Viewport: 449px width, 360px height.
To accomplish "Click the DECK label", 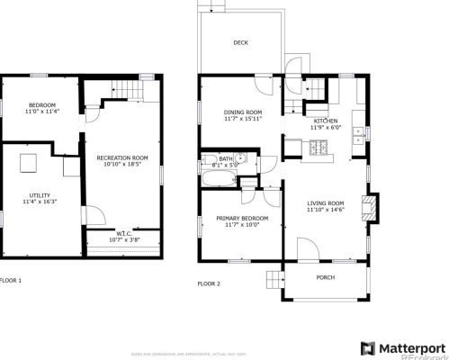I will [x=240, y=42].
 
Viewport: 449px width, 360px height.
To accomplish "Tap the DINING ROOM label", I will [x=240, y=112].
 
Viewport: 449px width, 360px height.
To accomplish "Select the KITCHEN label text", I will [x=325, y=120].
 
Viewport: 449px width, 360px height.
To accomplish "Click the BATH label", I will [x=225, y=158].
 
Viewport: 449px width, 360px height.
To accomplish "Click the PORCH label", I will [x=325, y=277].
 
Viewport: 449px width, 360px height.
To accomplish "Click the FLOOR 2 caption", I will [x=209, y=283].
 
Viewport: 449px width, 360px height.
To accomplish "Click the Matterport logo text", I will [x=409, y=347].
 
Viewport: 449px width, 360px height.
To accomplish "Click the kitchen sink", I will [x=359, y=135].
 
